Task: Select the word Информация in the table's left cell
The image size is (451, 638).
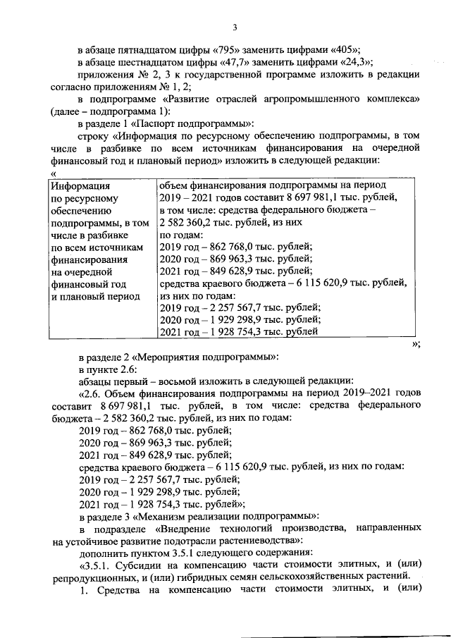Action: point(79,186)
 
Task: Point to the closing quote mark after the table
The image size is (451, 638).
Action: point(416,343)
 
